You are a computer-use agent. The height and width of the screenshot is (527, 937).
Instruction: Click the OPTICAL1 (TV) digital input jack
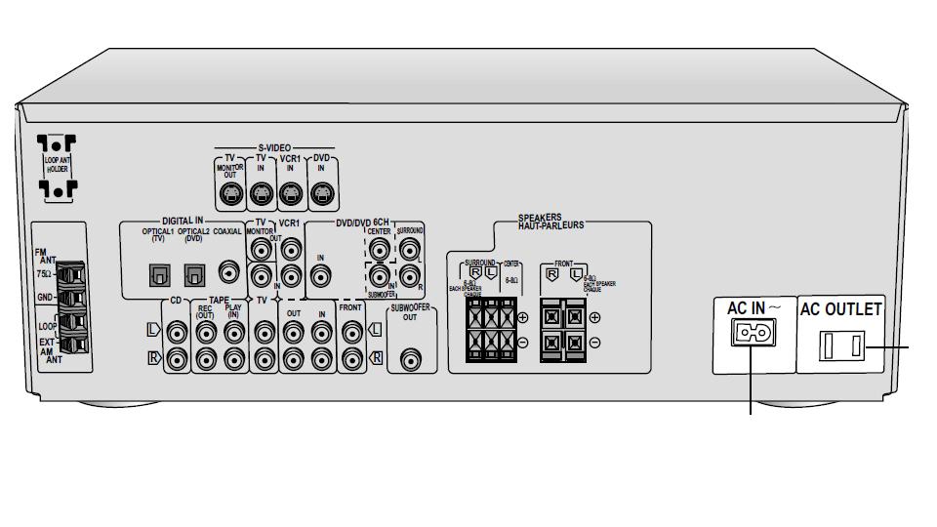tap(159, 275)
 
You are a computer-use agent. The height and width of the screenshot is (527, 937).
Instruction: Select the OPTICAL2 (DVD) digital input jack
tap(194, 275)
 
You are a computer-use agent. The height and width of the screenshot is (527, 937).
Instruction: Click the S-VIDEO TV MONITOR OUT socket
tap(230, 194)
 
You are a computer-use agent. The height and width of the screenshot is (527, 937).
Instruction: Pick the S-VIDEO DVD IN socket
tap(321, 194)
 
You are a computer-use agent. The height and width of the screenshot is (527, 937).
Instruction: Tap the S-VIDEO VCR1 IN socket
tap(290, 194)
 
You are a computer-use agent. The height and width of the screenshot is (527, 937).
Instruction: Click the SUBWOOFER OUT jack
tap(411, 360)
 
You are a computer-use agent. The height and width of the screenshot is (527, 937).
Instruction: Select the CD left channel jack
tap(177, 331)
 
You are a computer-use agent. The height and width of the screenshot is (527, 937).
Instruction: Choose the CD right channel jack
tap(177, 359)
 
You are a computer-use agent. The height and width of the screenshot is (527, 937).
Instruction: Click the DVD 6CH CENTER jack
tap(379, 249)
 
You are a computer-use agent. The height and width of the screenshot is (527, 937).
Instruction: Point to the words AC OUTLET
tap(840, 309)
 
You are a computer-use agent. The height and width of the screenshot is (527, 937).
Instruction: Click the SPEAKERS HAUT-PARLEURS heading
tap(551, 222)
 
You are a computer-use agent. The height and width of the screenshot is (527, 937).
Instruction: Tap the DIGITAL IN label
tap(179, 222)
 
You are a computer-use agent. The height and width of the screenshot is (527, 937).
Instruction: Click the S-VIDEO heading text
tap(275, 147)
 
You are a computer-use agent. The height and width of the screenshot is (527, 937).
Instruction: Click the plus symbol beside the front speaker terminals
tap(595, 317)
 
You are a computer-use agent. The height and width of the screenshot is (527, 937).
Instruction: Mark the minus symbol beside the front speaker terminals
tap(595, 343)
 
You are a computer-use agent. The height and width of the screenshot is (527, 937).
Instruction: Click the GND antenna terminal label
tap(44, 297)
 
